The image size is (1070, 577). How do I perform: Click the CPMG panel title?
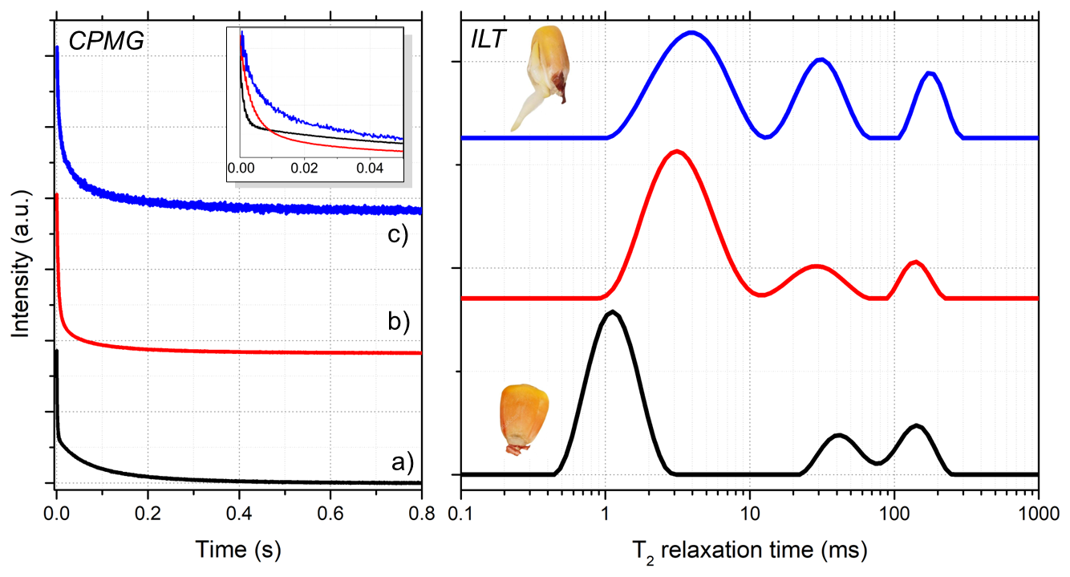point(106,41)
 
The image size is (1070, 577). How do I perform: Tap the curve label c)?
point(395,236)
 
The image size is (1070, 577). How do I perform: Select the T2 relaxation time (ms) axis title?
point(748,550)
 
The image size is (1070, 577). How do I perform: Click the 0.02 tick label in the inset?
point(305,169)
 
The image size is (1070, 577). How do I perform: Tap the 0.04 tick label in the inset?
point(370,169)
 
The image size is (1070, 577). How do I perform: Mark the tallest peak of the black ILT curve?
point(612,311)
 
